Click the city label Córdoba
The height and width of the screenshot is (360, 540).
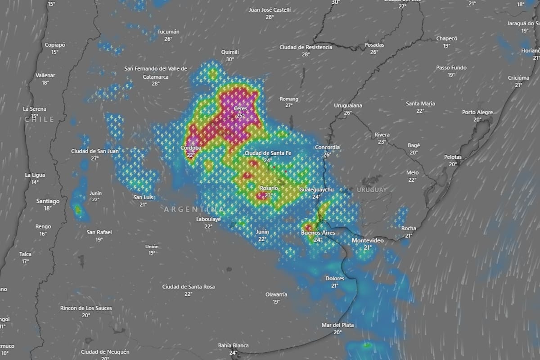[x=191, y=148]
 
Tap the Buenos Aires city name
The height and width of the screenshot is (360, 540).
[x=318, y=233]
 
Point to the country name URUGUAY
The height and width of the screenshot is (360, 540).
[x=372, y=190]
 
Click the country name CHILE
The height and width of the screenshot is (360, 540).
[x=39, y=119]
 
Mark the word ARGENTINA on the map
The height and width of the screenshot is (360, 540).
[x=194, y=209]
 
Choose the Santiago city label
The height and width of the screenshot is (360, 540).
[x=48, y=201]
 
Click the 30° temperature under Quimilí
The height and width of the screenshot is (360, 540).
[x=230, y=59]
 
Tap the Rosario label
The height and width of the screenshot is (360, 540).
[x=269, y=188]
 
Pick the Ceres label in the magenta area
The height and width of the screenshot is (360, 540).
[x=240, y=109]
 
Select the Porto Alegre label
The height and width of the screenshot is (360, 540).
[x=477, y=112]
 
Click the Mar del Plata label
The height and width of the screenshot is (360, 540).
[x=337, y=325]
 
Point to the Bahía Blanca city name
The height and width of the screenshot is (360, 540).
[x=233, y=346]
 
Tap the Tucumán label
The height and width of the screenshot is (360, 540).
[x=168, y=32]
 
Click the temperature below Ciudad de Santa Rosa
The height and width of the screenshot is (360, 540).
[x=188, y=294]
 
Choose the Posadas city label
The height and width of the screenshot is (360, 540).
[x=374, y=45]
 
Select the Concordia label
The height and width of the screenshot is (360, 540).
[x=327, y=148]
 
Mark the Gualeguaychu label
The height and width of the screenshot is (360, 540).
[x=316, y=189]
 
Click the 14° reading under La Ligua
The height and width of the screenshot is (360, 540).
[x=35, y=182]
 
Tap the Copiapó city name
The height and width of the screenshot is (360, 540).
[x=55, y=45]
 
